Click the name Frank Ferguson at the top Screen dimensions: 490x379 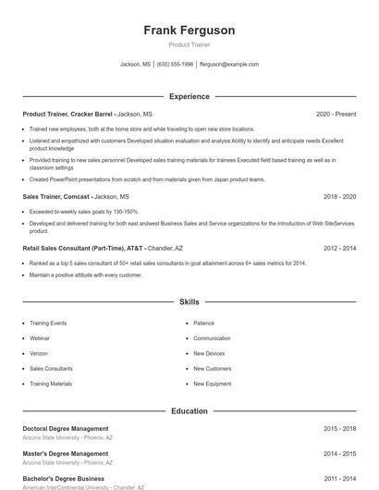tap(189, 31)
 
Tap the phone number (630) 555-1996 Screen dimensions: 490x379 tap(175, 65)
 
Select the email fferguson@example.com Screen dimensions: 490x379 tap(229, 65)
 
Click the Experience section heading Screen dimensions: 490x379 tap(189, 96)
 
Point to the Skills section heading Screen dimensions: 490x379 tap(189, 302)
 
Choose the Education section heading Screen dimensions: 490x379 tap(189, 410)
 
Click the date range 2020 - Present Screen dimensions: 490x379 tap(336, 114)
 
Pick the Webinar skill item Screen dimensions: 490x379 tap(42, 338)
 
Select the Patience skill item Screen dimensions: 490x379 tap(204, 324)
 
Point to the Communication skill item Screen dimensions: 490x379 tap(212, 338)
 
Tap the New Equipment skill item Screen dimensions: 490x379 tap(212, 383)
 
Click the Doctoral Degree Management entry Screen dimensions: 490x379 tap(66, 429)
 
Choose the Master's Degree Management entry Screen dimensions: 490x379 tap(66, 454)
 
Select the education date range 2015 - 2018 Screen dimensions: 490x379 tap(339, 429)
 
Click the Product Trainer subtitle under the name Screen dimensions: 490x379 tap(189, 44)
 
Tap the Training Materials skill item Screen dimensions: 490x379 tap(51, 383)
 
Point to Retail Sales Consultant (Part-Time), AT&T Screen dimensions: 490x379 tap(83, 249)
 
